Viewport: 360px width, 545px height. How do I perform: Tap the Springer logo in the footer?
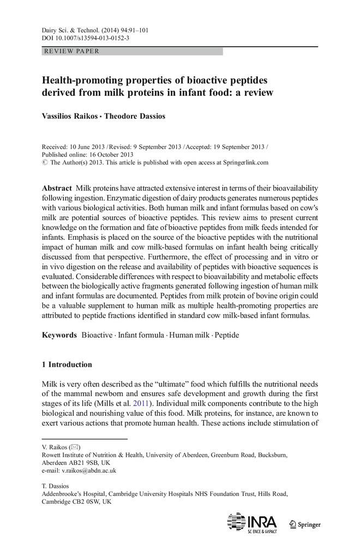(305, 524)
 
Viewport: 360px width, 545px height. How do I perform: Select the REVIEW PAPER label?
(69, 51)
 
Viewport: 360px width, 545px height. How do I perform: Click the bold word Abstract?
(57, 187)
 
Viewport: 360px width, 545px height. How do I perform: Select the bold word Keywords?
(59, 335)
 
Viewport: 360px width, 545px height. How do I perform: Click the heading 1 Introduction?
(67, 364)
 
